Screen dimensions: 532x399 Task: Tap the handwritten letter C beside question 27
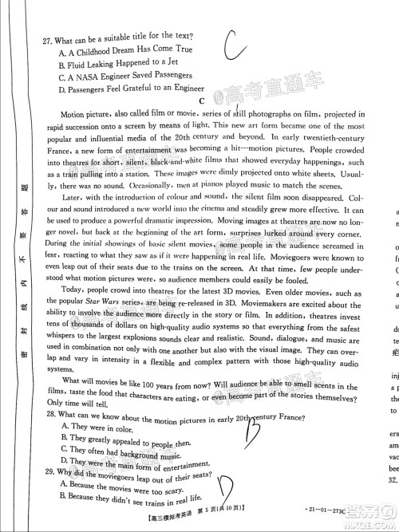236,44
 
